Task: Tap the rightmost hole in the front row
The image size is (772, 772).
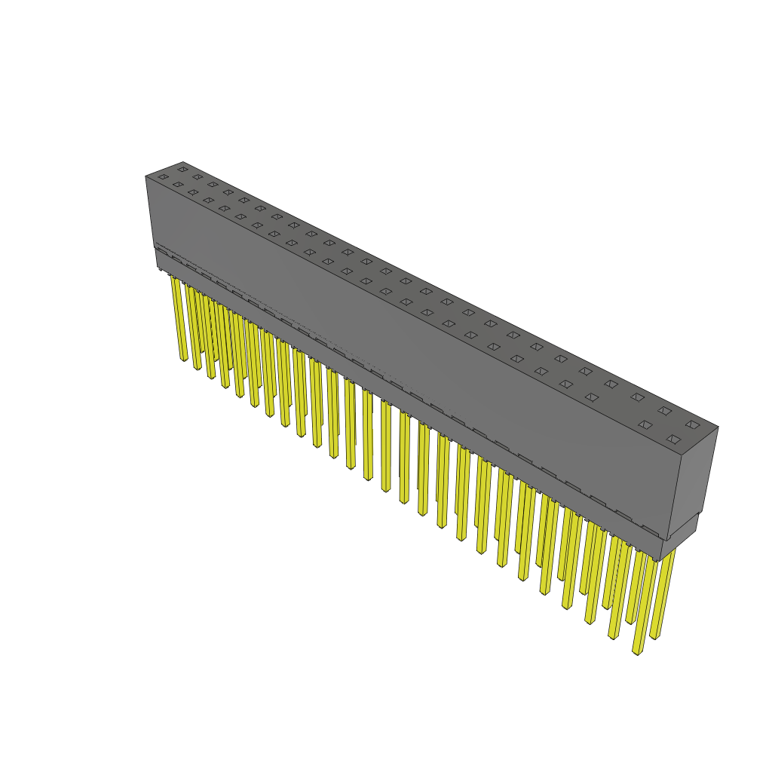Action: [673, 439]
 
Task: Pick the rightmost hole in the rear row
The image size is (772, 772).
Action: [692, 424]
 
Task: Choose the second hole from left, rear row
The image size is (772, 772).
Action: [198, 176]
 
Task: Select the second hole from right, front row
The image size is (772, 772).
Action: [645, 424]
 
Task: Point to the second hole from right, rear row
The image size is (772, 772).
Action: [664, 411]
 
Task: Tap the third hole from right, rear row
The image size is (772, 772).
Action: [637, 397]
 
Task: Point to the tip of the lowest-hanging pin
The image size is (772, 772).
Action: [637, 652]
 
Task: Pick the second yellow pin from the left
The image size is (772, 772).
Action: [194, 328]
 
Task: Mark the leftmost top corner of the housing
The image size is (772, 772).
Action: [146, 176]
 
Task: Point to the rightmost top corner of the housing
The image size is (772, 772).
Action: [718, 427]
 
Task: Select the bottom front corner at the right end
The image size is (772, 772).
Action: [661, 560]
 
